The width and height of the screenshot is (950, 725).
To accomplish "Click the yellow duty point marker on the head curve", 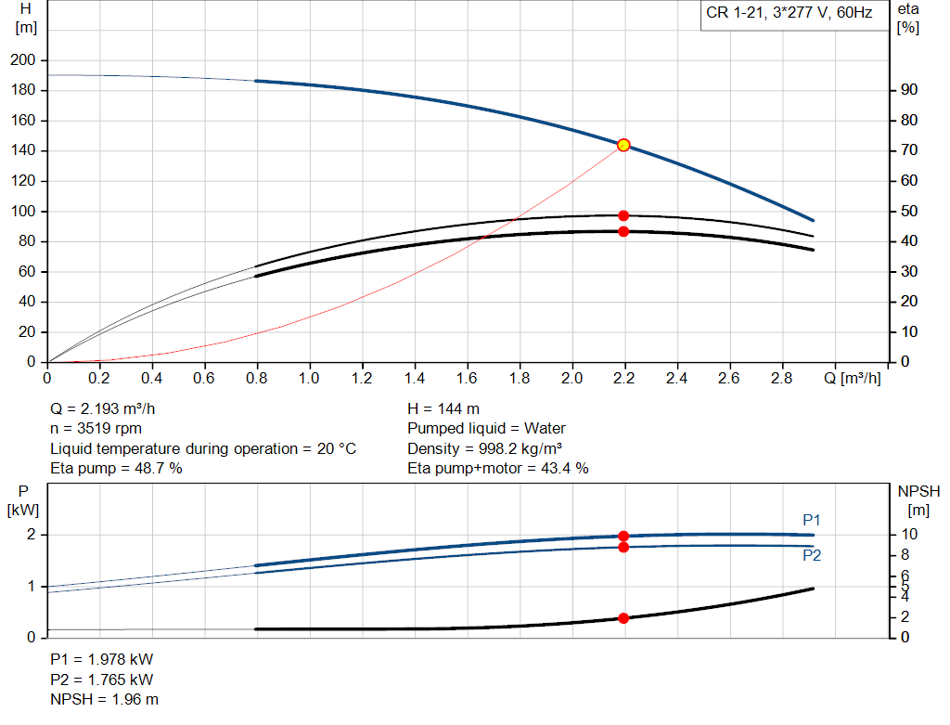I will click(623, 145).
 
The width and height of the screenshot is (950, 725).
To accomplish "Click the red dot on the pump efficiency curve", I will click(623, 215).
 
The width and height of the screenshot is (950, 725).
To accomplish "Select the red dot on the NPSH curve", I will click(623, 618).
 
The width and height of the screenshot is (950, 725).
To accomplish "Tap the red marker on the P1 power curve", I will click(623, 536).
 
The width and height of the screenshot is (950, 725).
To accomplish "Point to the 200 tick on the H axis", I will click(22, 60).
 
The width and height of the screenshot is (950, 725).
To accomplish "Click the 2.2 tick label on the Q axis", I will click(624, 379).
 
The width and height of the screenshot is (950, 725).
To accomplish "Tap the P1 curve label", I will click(812, 520).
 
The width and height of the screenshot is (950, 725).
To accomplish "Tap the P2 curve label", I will click(812, 556).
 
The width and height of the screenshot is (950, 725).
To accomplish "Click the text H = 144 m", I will click(443, 408).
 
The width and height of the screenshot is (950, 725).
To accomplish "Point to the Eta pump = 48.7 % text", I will click(116, 469).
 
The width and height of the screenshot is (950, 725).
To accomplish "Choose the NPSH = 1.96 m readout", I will click(104, 699).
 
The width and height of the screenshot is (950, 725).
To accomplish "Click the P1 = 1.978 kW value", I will click(101, 659).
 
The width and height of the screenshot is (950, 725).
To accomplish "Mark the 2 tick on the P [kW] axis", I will click(32, 535).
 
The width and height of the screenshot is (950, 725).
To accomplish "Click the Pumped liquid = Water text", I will click(486, 429).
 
